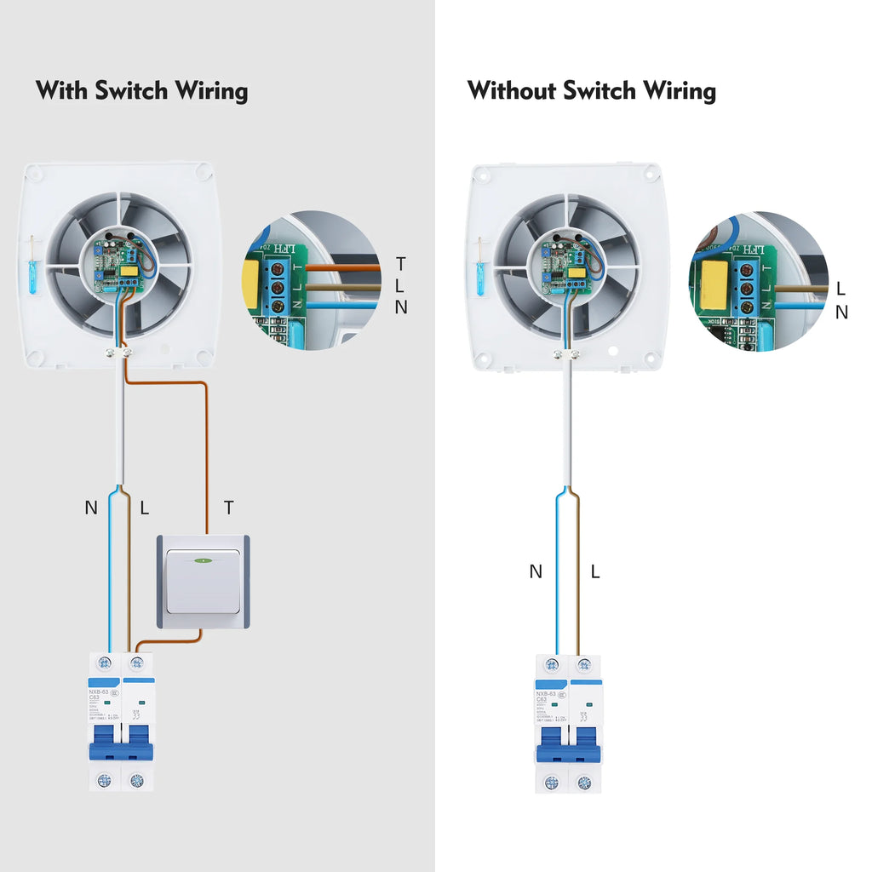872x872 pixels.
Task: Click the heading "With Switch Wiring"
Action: coord(141,90)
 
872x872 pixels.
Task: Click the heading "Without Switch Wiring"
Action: coord(591,90)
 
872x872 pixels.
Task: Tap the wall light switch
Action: coord(204,582)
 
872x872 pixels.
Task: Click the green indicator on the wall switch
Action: coord(204,560)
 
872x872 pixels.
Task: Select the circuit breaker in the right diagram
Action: coord(568,724)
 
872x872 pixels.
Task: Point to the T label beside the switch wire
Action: coord(228,508)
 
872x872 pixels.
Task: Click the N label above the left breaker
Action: coord(91,508)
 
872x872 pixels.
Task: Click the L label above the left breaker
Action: coord(144,508)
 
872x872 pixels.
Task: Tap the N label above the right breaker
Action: coord(536,572)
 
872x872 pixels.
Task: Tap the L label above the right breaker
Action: coord(595,572)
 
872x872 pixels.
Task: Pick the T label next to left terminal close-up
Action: coord(401,263)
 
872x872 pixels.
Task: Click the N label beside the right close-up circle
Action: coord(841,313)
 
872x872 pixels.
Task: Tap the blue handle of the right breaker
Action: coord(568,751)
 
